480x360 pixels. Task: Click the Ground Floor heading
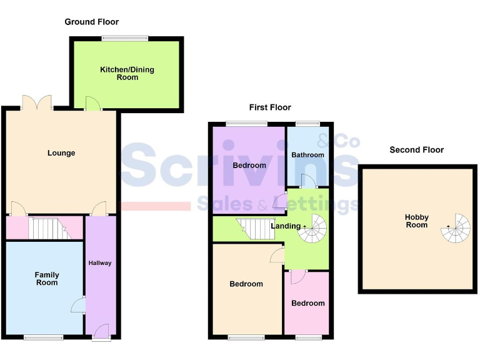91,22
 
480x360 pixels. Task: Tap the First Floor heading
270,107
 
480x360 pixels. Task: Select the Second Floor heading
416,150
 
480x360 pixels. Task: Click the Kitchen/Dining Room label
127,73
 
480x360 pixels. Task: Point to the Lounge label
61,153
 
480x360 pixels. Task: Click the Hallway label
100,263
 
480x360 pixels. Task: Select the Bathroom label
307,155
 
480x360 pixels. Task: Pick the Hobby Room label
416,221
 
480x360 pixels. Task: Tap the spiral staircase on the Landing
312,229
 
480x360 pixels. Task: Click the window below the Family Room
43,337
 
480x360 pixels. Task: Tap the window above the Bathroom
307,124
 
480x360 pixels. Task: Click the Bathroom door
306,181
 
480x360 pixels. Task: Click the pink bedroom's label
307,303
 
